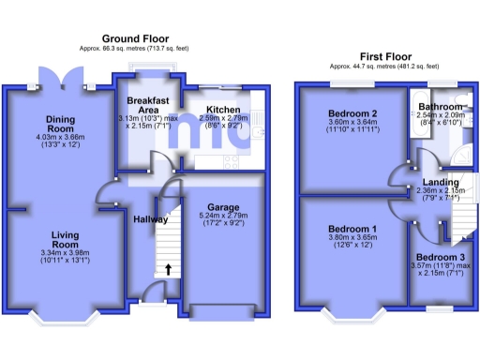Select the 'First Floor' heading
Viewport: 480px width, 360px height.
point(383,56)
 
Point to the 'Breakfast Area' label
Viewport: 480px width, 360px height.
point(147,104)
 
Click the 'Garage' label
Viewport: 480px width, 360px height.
point(222,207)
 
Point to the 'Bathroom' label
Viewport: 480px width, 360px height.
point(439,108)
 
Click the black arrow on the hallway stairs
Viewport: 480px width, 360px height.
point(169,271)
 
